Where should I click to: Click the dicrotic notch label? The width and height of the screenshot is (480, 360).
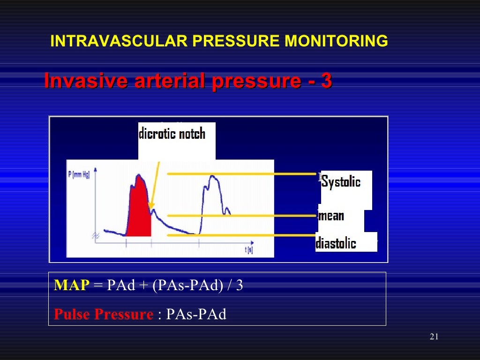click(172, 134)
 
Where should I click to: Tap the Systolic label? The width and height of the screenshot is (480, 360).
click(341, 182)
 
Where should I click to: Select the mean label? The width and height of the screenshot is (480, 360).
click(331, 216)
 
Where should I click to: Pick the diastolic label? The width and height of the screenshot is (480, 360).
click(336, 243)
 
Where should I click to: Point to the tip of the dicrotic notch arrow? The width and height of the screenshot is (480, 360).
click(150, 209)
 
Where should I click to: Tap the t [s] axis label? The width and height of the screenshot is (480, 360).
click(248, 250)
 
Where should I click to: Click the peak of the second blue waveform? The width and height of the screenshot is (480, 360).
click(212, 177)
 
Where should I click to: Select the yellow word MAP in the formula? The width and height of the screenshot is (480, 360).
click(71, 285)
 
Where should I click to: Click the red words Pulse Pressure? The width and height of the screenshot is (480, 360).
click(104, 314)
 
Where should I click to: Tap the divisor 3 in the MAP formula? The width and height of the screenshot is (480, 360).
click(240, 285)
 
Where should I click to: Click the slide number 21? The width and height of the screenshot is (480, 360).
click(434, 337)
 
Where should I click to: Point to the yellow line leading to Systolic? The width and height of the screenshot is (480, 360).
click(244, 174)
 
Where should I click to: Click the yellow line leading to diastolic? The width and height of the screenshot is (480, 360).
click(244, 235)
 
